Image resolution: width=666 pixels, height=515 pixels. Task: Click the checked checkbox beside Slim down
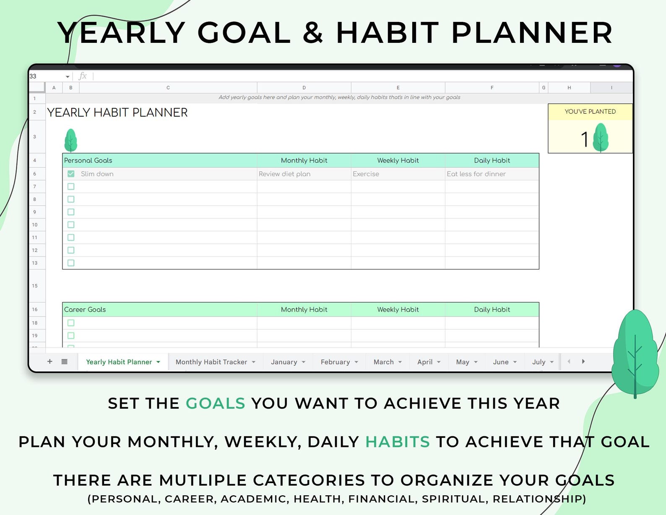click(71, 174)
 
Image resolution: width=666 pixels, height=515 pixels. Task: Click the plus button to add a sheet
click(49, 362)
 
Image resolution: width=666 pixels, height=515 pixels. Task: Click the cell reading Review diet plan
click(304, 174)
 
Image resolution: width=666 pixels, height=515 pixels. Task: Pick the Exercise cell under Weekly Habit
click(398, 174)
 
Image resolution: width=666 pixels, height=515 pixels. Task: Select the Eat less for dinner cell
click(492, 174)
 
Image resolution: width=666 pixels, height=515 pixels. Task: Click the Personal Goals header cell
click(160, 160)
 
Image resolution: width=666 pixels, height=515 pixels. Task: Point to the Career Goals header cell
click(160, 309)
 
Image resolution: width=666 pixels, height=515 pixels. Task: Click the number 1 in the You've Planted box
click(585, 140)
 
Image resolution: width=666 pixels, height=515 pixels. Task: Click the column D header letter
click(304, 88)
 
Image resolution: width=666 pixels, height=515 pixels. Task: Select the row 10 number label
click(35, 225)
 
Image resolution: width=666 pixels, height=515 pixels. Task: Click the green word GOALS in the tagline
click(216, 403)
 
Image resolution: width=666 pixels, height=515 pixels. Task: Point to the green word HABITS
click(398, 442)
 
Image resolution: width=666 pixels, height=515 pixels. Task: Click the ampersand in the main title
click(313, 32)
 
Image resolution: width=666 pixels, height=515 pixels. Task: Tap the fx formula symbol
click(83, 76)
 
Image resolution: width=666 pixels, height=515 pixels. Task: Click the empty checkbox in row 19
click(71, 335)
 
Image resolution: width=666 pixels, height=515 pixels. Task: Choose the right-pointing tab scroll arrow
click(583, 362)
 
